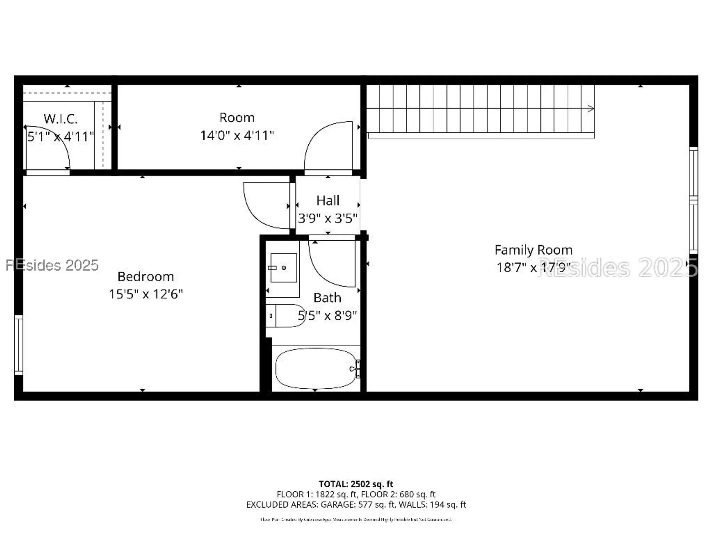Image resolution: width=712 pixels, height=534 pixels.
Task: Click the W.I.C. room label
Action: click(61, 119)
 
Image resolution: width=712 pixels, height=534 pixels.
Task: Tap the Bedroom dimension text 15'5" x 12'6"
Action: click(146, 294)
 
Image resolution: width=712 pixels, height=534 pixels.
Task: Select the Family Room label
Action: click(533, 250)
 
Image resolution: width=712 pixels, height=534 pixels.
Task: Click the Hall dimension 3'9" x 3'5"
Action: click(328, 218)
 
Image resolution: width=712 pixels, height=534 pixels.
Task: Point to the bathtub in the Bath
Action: click(315, 368)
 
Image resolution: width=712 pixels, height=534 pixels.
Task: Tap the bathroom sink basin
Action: click(284, 268)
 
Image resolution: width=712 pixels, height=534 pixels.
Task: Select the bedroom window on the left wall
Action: click(19, 345)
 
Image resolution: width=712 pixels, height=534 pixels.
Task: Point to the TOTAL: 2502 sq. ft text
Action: click(356, 484)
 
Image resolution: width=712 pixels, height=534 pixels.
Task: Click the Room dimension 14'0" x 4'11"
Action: click(237, 135)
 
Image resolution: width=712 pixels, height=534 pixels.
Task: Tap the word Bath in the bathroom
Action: click(327, 298)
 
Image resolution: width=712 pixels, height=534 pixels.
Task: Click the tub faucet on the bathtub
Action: click(356, 368)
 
